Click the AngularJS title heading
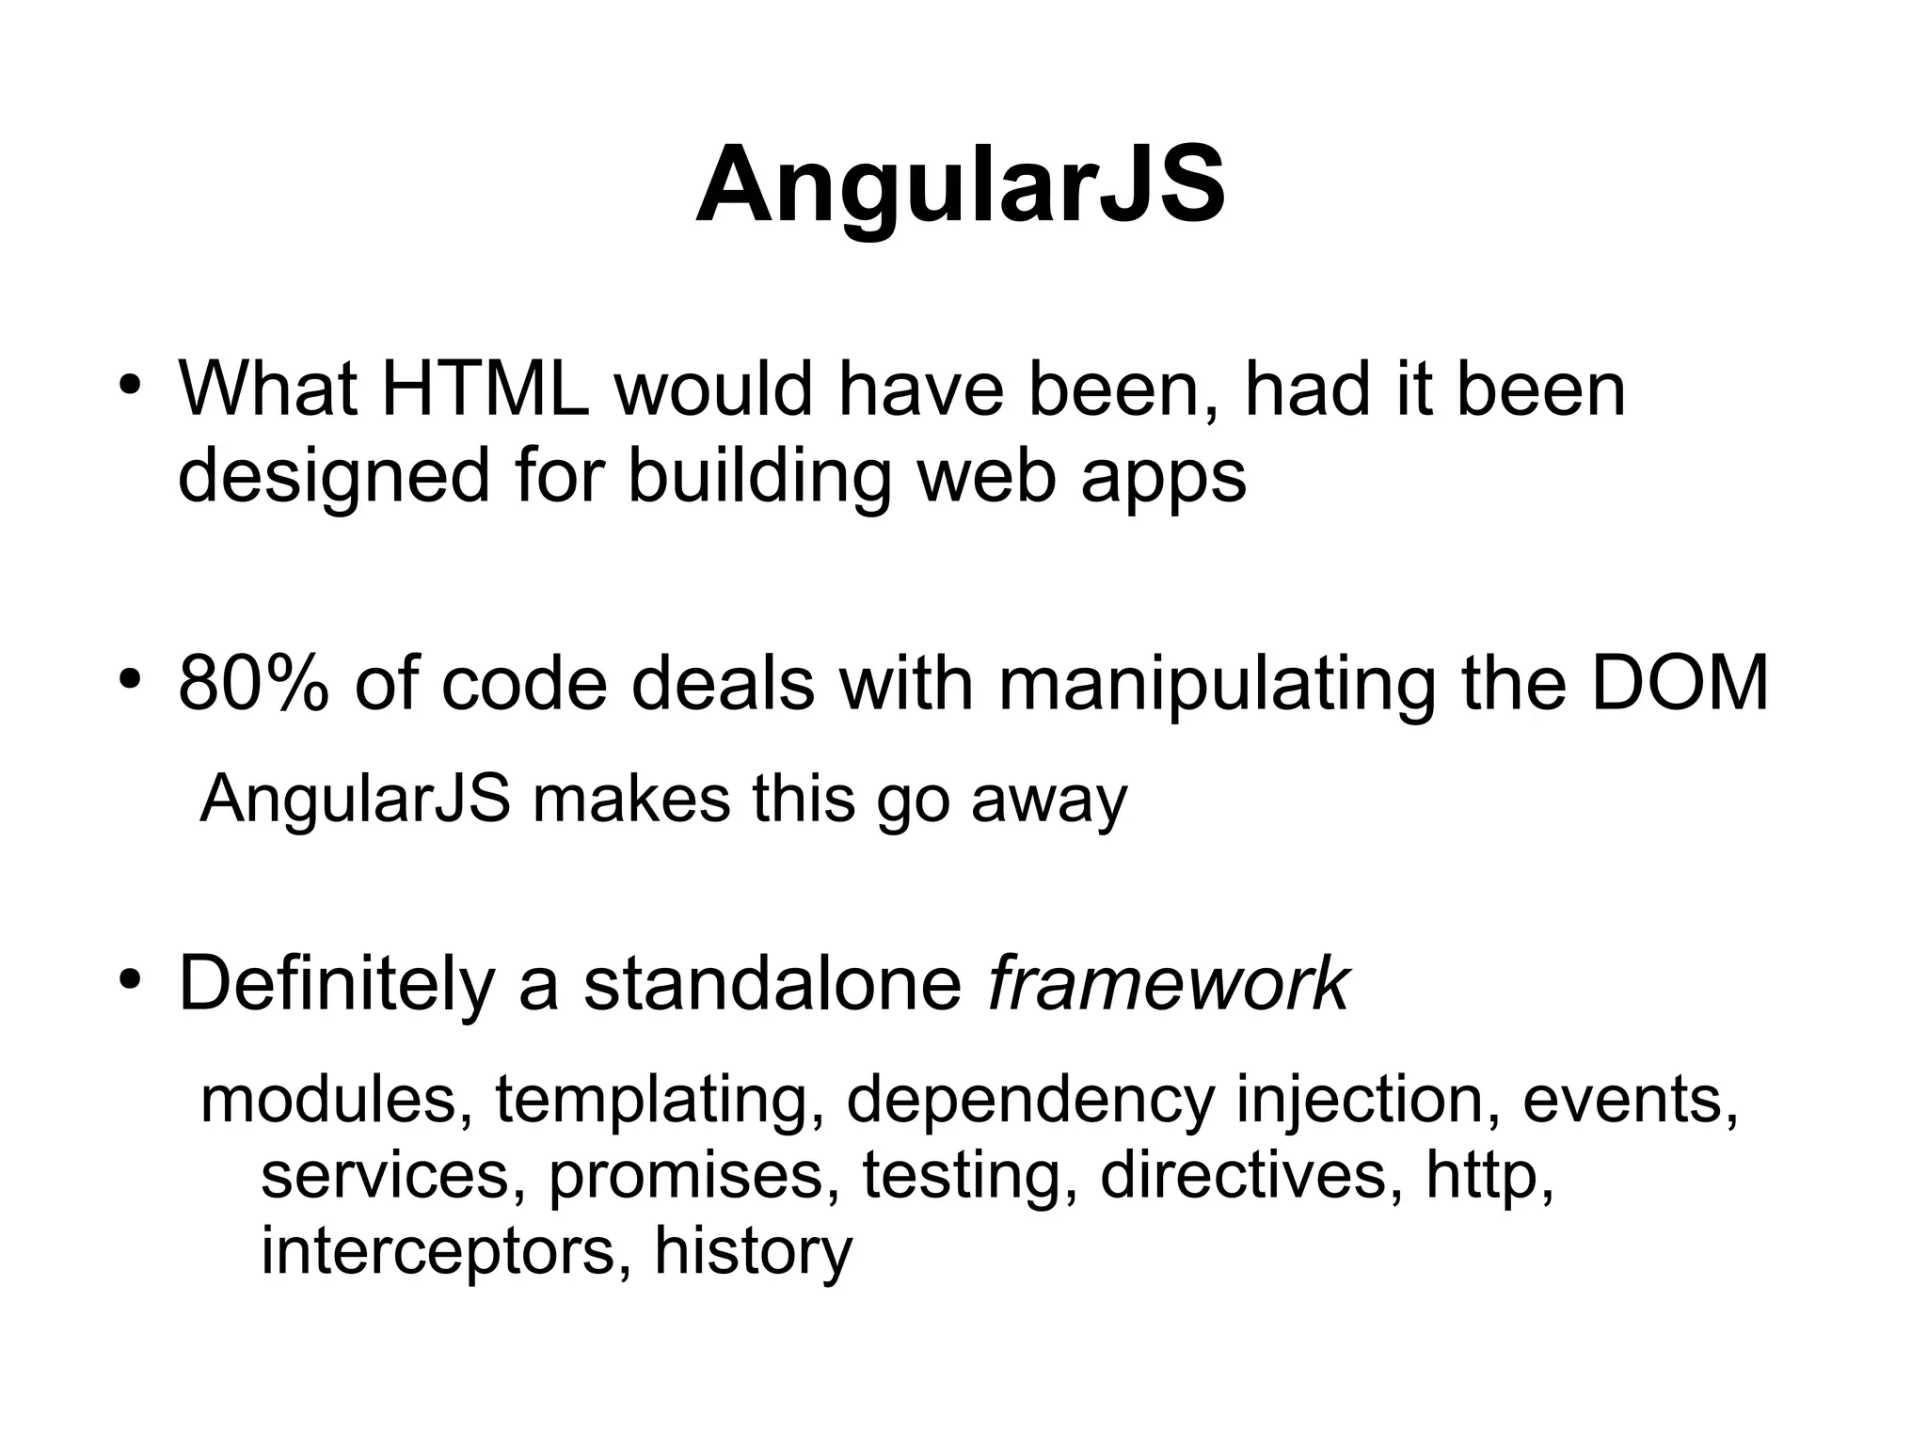coord(961,184)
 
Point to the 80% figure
coord(253,684)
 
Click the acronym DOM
coord(1680,684)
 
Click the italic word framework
coord(1168,984)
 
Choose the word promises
coord(693,1177)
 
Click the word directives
coord(1242,1175)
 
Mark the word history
coord(753,1252)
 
